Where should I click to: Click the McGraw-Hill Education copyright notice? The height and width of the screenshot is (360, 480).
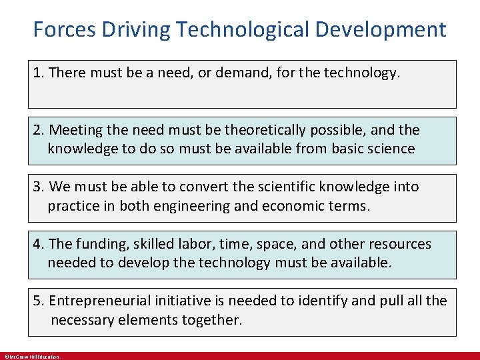click(x=33, y=357)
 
